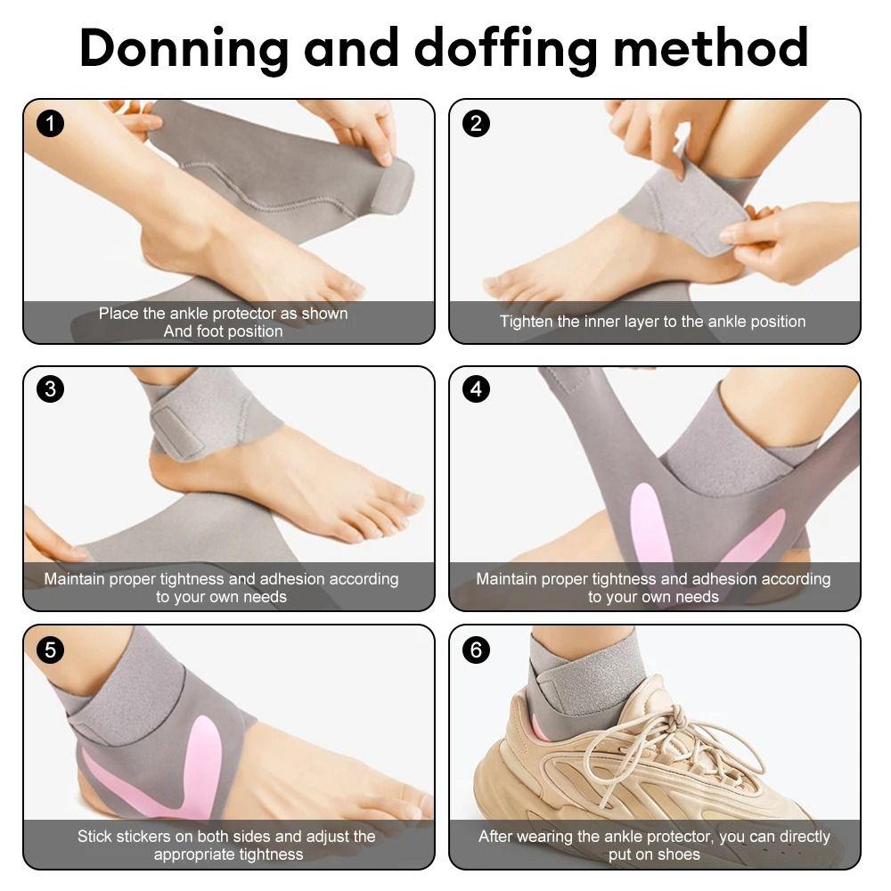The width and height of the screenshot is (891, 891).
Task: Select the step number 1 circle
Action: [x=50, y=124]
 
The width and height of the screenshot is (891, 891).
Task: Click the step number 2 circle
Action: [x=476, y=124]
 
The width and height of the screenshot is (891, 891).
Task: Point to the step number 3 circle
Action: [x=50, y=389]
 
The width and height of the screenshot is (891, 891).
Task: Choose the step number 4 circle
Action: [x=476, y=389]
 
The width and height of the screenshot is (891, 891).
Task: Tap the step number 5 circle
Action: [x=50, y=650]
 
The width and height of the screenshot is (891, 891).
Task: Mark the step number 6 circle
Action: [x=476, y=650]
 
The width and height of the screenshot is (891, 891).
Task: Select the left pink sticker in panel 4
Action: [x=650, y=526]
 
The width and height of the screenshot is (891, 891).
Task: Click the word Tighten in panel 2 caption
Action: [x=527, y=322]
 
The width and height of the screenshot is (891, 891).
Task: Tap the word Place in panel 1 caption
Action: [x=119, y=314]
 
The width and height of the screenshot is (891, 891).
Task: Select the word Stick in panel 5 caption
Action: [x=94, y=837]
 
